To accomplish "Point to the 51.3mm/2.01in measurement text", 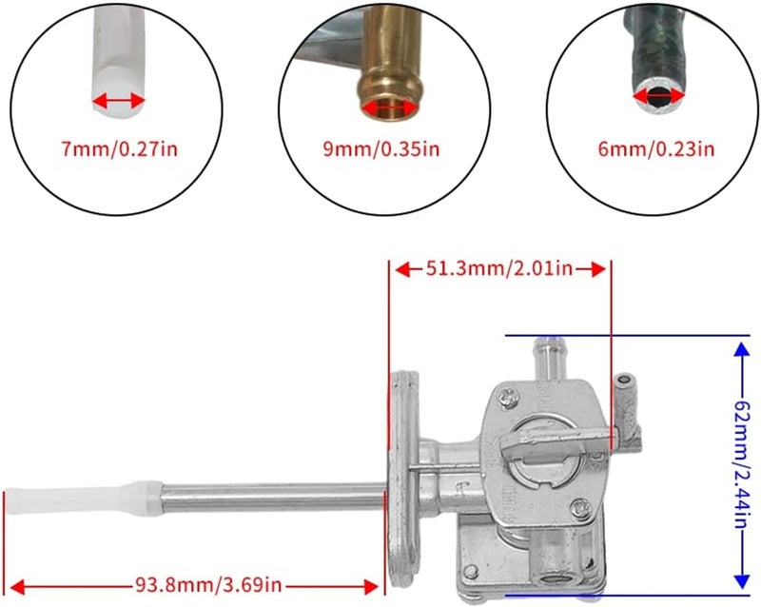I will pos(498,269).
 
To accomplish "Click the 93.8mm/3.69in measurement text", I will pos(196,584).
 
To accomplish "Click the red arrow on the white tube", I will pos(120,100).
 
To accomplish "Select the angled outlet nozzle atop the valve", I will pos(551,357).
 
